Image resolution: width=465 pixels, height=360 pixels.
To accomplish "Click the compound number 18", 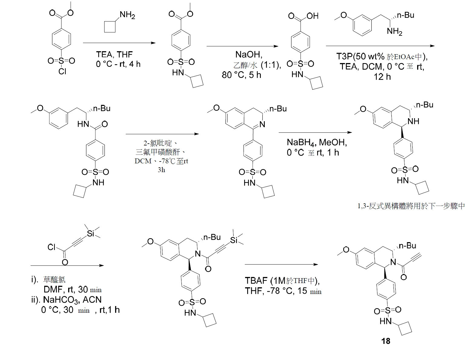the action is (386, 341).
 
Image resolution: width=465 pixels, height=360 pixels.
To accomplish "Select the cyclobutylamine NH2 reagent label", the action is (127, 15).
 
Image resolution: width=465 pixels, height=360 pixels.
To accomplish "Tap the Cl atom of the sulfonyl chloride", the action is (62, 71).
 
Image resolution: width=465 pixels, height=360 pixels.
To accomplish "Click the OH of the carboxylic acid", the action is (312, 16).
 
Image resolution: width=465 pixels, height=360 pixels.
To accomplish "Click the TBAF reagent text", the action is (256, 280).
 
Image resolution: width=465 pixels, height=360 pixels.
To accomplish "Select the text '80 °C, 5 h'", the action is (241, 75).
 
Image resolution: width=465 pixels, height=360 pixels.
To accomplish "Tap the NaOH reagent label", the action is (249, 55).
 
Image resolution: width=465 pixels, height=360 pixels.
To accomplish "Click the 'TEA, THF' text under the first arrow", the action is (114, 55).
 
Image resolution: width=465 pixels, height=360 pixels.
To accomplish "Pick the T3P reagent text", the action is (344, 56).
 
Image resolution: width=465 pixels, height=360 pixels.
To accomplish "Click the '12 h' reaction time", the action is (382, 77).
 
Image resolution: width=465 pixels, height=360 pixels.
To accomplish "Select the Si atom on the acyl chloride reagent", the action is (91, 233).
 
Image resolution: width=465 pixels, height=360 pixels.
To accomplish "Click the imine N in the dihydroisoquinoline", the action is (262, 124).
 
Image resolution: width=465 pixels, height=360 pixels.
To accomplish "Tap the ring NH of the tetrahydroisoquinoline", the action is (413, 121).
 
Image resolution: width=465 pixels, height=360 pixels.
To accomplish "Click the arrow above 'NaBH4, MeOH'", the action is (315, 132).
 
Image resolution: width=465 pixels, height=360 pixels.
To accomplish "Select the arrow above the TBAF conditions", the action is (281, 264).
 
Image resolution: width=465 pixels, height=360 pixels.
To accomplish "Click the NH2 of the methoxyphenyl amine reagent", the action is (395, 32).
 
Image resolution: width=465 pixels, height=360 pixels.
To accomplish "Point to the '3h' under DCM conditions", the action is (161, 170).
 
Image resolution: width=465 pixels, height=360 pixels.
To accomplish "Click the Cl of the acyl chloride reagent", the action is (51, 247).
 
